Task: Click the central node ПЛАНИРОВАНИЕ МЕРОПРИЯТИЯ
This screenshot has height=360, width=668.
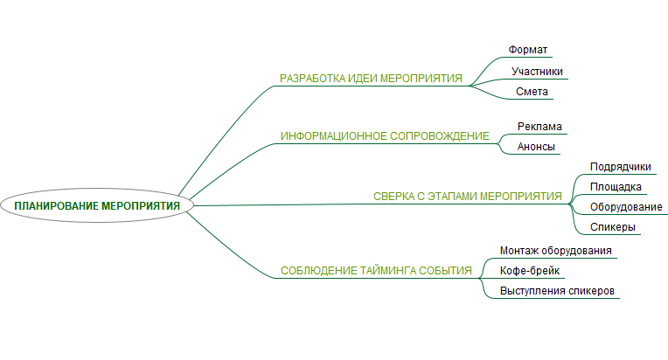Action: click(x=97, y=205)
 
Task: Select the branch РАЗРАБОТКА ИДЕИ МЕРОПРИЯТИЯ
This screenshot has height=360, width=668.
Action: click(x=371, y=79)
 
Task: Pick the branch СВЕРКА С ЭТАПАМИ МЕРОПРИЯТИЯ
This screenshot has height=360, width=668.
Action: click(x=467, y=197)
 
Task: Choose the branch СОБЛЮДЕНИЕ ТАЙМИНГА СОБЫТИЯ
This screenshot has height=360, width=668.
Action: click(x=376, y=271)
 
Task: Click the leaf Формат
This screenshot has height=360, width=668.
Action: click(x=527, y=50)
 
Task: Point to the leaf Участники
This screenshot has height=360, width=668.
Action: click(x=537, y=72)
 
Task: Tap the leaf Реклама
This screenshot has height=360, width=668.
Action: click(x=539, y=126)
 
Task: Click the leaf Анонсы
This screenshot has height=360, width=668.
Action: click(x=536, y=147)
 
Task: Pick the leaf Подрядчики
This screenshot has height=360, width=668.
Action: click(x=620, y=166)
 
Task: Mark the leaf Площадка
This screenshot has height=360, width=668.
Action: click(x=616, y=187)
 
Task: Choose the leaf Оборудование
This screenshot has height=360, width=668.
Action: click(x=625, y=207)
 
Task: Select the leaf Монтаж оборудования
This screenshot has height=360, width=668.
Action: click(x=555, y=251)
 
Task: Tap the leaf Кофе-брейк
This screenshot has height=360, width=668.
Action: click(x=524, y=271)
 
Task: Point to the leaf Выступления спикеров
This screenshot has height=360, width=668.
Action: click(x=559, y=291)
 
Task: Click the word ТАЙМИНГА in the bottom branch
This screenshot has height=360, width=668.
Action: click(x=386, y=271)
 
